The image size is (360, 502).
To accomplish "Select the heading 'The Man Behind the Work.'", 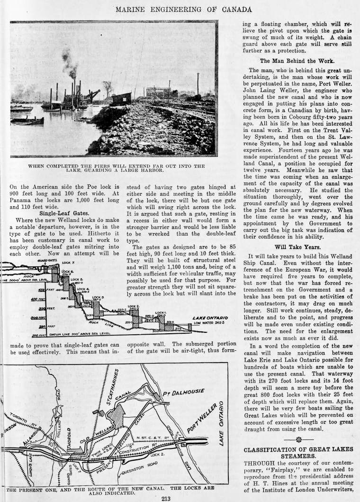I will [297, 61].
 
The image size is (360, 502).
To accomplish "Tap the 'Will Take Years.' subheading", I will [297, 247].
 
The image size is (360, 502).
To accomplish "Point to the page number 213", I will [165, 498].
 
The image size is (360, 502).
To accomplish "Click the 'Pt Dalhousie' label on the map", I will [183, 392].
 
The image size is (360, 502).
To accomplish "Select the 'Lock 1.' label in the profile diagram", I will [161, 313].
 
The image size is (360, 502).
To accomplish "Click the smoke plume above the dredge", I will [69, 62].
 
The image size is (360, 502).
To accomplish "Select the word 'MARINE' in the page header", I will [134, 9].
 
